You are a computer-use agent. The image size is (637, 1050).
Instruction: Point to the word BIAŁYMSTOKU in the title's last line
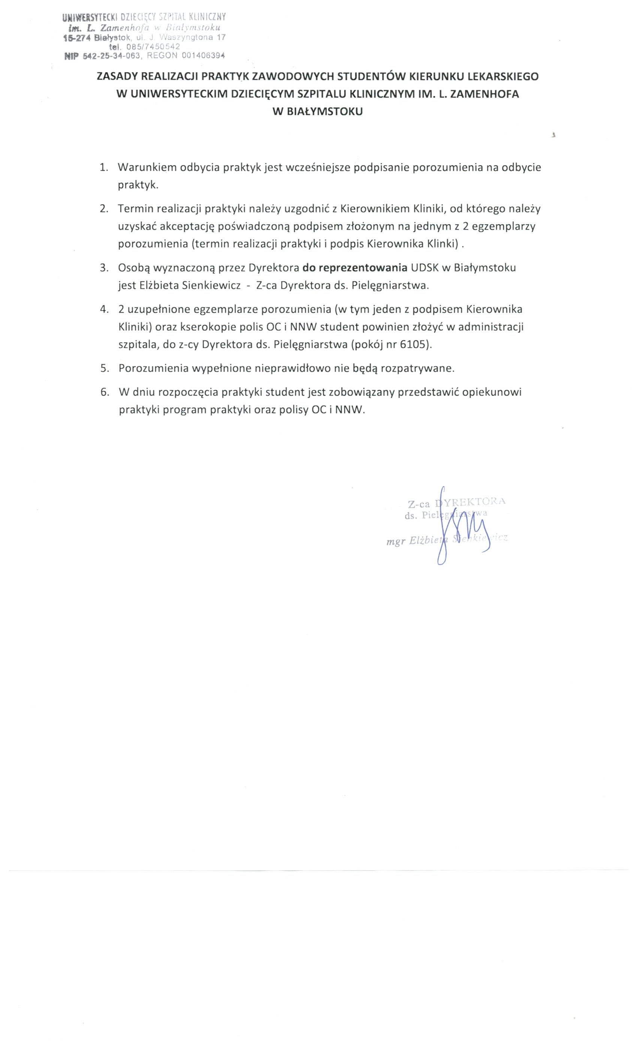click(326, 112)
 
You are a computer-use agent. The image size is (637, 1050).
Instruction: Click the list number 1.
click(103, 168)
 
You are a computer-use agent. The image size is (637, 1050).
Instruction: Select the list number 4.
click(103, 309)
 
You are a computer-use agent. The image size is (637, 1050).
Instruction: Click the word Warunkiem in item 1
click(147, 168)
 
